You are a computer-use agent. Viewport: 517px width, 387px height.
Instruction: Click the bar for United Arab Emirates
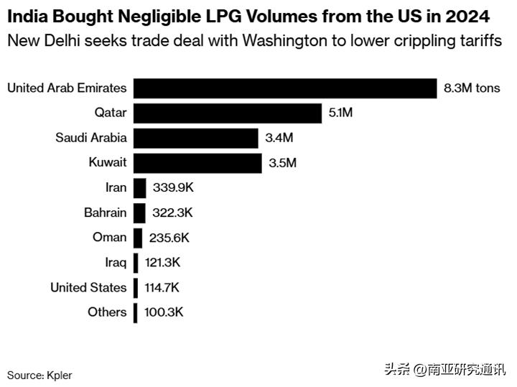(x=285, y=88)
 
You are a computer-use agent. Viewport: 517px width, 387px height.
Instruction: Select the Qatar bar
(x=227, y=113)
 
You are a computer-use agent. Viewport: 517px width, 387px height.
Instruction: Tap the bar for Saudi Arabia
(x=195, y=138)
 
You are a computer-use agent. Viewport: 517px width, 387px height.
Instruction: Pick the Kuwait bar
(x=197, y=163)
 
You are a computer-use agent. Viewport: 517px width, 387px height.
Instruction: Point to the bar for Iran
(x=139, y=188)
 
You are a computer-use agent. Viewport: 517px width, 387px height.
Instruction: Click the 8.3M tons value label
(x=472, y=88)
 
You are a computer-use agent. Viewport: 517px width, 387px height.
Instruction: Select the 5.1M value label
(x=341, y=113)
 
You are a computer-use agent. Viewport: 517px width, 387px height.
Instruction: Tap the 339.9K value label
(x=173, y=188)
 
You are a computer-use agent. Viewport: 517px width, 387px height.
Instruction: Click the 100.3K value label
(x=162, y=312)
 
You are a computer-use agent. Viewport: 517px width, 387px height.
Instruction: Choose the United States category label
(x=88, y=287)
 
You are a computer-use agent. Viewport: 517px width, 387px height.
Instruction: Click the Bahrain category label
(x=105, y=213)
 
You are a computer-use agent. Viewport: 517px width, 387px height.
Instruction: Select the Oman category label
(x=109, y=238)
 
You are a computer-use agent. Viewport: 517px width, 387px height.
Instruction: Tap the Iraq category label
(x=116, y=262)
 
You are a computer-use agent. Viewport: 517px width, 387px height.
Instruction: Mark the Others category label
(x=107, y=312)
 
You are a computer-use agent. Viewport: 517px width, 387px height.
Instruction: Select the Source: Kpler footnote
(x=39, y=375)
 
